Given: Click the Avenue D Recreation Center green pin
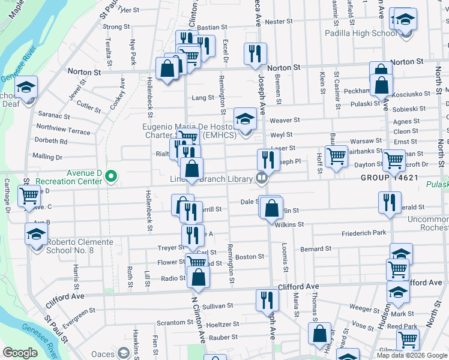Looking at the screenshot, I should [110, 176].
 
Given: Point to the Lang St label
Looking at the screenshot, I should [203, 98].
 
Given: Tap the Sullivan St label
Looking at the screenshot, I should [217, 306].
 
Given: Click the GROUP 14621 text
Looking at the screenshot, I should [388, 178].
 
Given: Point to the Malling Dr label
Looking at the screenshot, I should [47, 157].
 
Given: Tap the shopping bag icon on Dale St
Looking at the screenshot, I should [272, 208].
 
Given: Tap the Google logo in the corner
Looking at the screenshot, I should [20, 353].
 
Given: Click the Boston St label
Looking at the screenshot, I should [250, 257].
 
